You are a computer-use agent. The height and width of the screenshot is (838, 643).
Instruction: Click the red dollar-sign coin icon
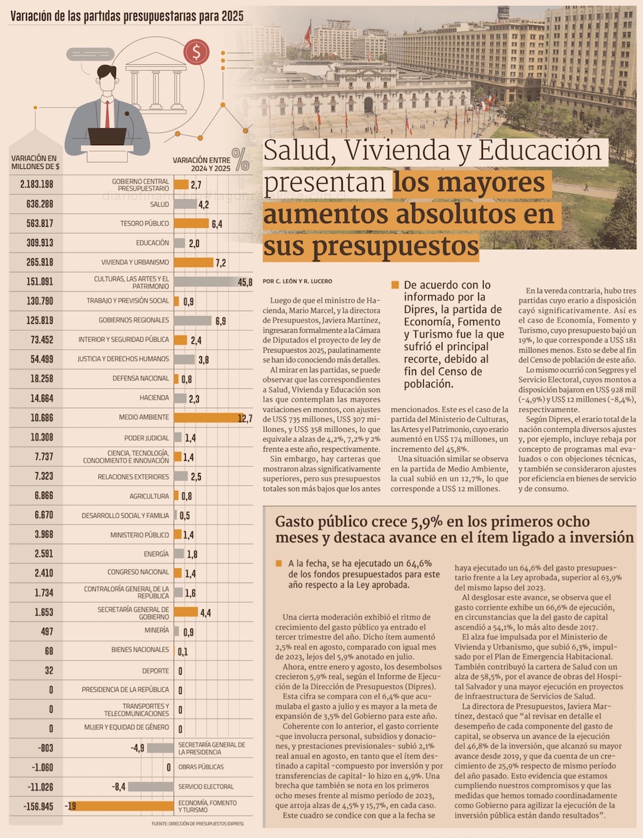click(196, 51)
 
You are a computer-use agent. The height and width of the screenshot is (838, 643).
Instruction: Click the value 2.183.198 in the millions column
click(37, 184)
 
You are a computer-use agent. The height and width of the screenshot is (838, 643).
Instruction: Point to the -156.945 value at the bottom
click(36, 806)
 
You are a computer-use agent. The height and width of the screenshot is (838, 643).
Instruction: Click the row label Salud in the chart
click(159, 204)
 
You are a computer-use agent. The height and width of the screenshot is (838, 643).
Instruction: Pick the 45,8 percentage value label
click(245, 282)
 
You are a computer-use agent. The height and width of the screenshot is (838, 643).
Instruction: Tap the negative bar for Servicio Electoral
click(150, 787)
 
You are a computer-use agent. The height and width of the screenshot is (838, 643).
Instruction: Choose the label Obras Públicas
click(201, 767)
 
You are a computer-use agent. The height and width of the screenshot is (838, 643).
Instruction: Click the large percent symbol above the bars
click(241, 159)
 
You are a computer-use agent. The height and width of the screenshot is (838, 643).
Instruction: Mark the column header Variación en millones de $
click(35, 162)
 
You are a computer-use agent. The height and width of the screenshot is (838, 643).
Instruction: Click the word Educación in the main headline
click(540, 150)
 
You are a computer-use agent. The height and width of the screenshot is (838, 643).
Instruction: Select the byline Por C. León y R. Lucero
click(297, 281)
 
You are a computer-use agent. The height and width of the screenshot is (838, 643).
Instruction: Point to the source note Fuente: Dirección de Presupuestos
click(197, 824)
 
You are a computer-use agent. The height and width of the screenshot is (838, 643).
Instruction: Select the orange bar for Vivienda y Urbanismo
click(194, 262)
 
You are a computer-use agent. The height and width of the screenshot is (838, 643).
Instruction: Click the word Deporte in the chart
click(156, 671)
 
